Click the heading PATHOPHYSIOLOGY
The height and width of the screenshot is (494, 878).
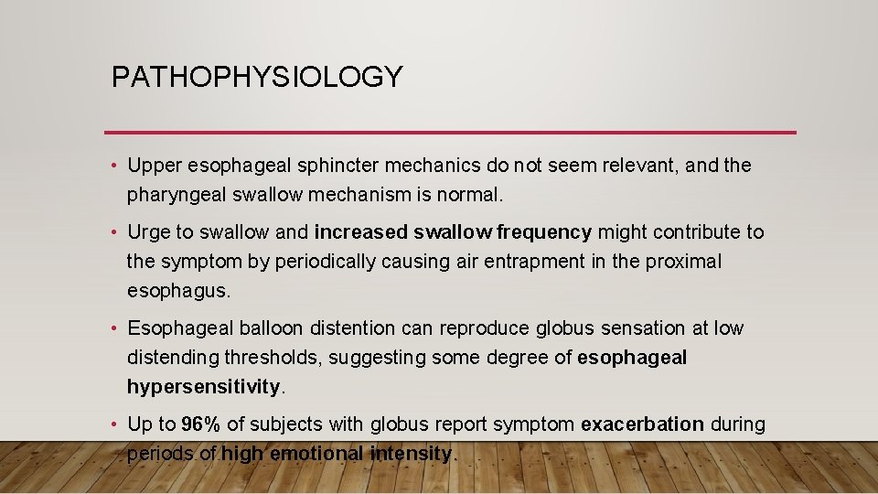tap(256, 77)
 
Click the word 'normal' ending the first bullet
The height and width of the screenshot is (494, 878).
tap(470, 195)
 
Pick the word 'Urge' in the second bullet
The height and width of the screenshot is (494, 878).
tap(148, 232)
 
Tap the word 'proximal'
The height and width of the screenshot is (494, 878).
tap(684, 262)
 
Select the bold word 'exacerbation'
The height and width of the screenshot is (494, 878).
tap(642, 424)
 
